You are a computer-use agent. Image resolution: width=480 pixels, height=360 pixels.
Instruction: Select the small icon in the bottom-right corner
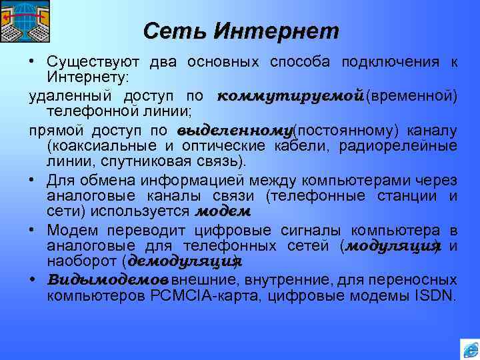[469, 349]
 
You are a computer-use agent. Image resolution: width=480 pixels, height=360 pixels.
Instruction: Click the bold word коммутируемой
[290, 95]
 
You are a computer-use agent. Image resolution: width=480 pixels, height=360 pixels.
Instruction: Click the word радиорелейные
[410, 146]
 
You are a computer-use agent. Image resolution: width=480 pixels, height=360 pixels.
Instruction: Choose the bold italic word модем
[223, 212]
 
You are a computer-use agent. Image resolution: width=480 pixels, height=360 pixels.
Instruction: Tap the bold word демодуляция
[183, 262]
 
